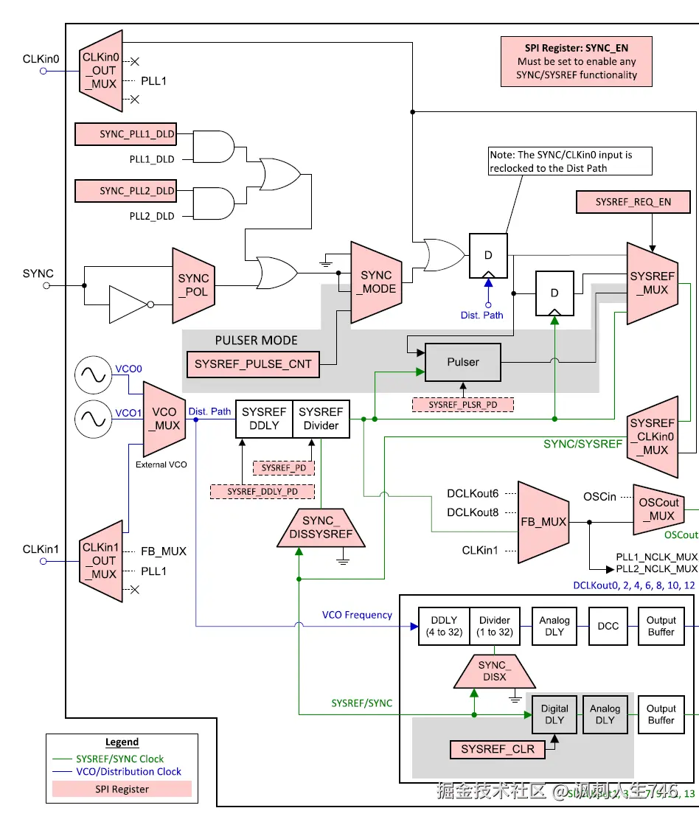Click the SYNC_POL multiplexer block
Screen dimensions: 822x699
pyautogui.click(x=193, y=285)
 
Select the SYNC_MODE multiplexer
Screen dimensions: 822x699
pyautogui.click(x=376, y=282)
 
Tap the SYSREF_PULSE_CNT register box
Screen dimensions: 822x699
pyautogui.click(x=253, y=364)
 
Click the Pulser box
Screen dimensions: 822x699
pyautogui.click(x=462, y=362)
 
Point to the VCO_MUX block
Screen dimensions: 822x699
pyautogui.click(x=164, y=419)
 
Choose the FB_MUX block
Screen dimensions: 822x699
pyautogui.click(x=544, y=521)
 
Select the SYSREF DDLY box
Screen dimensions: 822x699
pyautogui.click(x=264, y=419)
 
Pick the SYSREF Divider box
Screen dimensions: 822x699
pyautogui.click(x=321, y=419)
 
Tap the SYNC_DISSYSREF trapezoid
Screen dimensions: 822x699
pyautogui.click(x=321, y=527)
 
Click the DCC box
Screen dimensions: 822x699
pyautogui.click(x=608, y=626)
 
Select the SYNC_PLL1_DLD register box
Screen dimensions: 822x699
pyautogui.click(x=126, y=134)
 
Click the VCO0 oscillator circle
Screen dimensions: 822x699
pyautogui.click(x=94, y=375)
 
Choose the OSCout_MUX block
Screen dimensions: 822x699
pyautogui.click(x=658, y=509)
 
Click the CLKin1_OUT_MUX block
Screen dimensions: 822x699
pyautogui.click(x=100, y=561)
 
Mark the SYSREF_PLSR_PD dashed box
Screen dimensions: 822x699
pyautogui.click(x=462, y=404)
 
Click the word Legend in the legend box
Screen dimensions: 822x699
pyautogui.click(x=122, y=742)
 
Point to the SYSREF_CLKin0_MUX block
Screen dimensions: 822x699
pyautogui.click(x=653, y=436)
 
